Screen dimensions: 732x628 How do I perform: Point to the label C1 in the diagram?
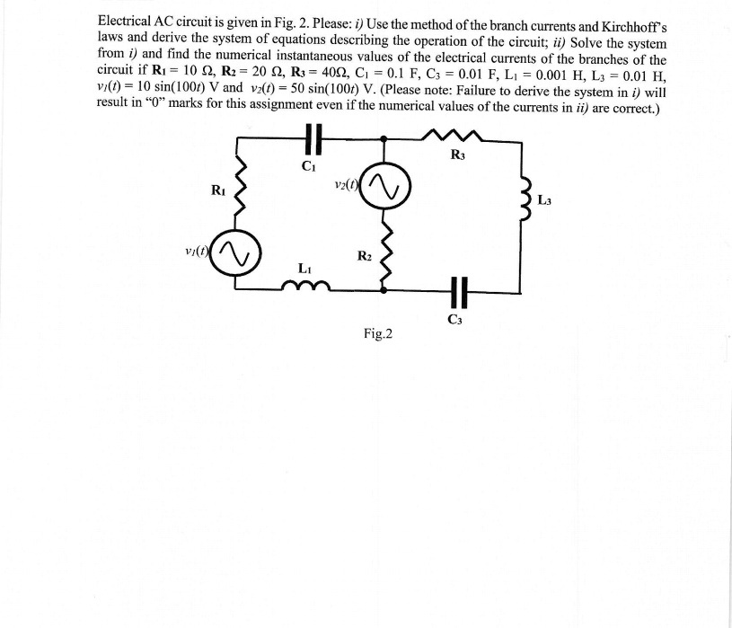coord(308,165)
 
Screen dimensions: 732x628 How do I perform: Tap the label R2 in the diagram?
coord(365,256)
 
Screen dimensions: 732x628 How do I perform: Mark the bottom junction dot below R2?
coord(386,291)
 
